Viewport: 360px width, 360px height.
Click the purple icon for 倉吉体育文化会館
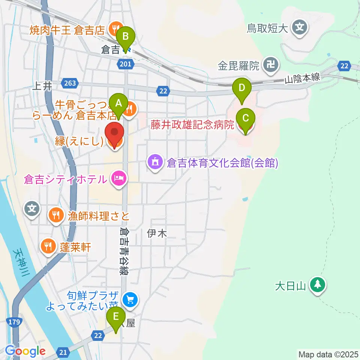(x=155, y=162)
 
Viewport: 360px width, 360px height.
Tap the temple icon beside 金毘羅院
(x=270, y=65)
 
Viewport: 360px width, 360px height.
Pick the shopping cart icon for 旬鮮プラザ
(x=130, y=299)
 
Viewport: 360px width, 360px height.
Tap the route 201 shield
(x=126, y=64)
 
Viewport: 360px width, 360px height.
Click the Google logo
(x=25, y=351)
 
